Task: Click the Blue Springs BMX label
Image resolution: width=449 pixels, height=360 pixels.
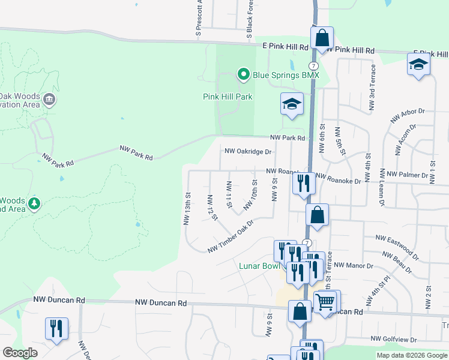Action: click(286, 75)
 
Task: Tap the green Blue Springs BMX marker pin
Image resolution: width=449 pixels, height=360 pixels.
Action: click(244, 74)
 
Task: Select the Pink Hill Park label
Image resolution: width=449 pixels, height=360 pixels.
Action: click(228, 97)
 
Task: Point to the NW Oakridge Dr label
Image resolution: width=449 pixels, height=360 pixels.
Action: click(248, 152)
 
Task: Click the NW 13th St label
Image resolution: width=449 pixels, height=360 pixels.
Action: click(187, 208)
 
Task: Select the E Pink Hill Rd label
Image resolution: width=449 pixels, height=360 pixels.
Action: click(285, 46)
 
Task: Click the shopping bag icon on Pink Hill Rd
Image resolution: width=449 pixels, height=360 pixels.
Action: click(322, 37)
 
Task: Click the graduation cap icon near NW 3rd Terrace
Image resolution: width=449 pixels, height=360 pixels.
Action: click(418, 64)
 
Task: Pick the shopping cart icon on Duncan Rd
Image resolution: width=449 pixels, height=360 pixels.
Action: click(325, 302)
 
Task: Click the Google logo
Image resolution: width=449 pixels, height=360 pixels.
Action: click(20, 353)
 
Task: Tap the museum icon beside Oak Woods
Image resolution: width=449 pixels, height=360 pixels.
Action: click(49, 98)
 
